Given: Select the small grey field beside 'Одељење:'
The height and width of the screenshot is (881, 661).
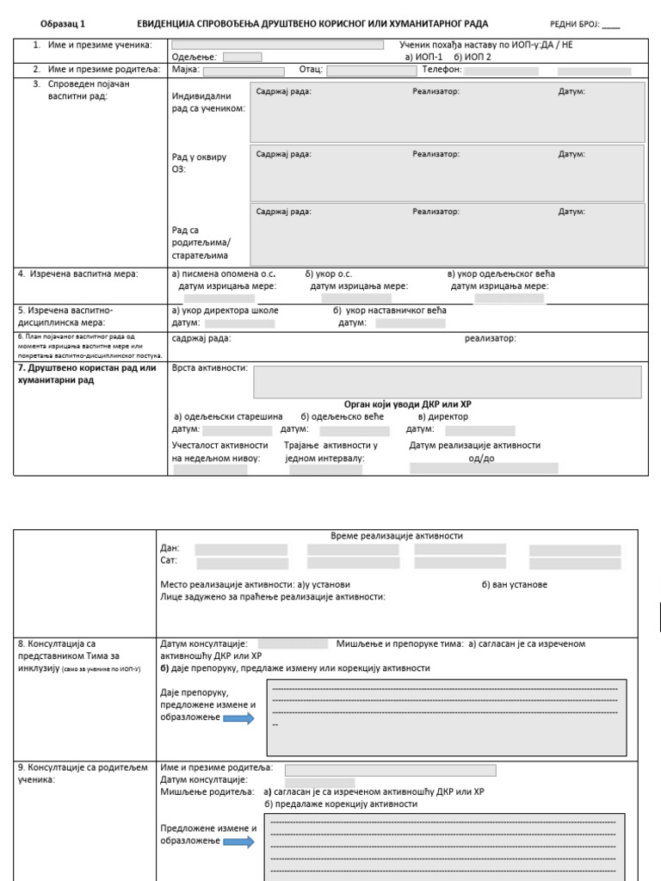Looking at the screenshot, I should (x=242, y=57).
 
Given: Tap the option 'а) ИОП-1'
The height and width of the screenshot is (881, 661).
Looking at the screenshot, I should (x=423, y=57).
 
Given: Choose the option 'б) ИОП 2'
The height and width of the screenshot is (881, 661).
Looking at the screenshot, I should (x=473, y=57).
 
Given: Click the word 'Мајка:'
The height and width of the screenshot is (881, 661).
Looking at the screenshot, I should (x=186, y=70).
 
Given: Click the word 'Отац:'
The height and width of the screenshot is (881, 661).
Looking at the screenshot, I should (x=310, y=70).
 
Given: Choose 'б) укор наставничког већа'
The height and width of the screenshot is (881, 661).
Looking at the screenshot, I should (x=390, y=311).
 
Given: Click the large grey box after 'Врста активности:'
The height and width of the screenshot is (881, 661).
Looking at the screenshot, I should (x=447, y=382).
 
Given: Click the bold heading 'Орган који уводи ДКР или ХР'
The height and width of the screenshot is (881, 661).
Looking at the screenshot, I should (x=408, y=404).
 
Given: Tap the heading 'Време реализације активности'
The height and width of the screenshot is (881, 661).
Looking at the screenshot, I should (x=397, y=536).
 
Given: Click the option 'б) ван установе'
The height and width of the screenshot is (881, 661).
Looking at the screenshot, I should (x=514, y=585).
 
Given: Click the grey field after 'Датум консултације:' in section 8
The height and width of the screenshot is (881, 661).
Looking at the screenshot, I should (x=292, y=644).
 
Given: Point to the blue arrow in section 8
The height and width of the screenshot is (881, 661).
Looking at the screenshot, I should (x=238, y=718).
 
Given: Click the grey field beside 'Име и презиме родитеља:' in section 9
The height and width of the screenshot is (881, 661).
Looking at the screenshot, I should (x=390, y=770).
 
